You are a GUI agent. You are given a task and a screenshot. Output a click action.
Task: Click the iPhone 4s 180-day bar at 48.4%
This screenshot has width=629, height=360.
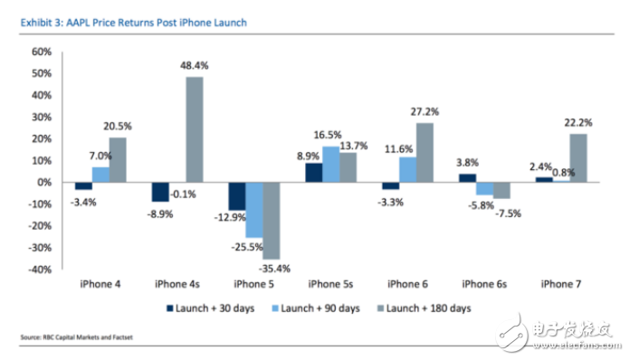195,129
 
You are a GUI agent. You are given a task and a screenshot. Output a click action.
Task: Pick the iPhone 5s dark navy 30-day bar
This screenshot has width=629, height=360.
313,172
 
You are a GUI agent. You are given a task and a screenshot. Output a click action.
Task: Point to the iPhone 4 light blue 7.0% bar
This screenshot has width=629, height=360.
100,174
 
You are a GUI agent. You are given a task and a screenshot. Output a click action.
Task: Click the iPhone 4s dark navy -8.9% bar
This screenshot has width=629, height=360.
160,192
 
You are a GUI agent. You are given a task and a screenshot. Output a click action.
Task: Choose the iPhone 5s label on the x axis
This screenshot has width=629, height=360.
330,282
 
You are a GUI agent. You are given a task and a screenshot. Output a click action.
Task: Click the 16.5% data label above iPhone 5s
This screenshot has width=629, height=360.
328,133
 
